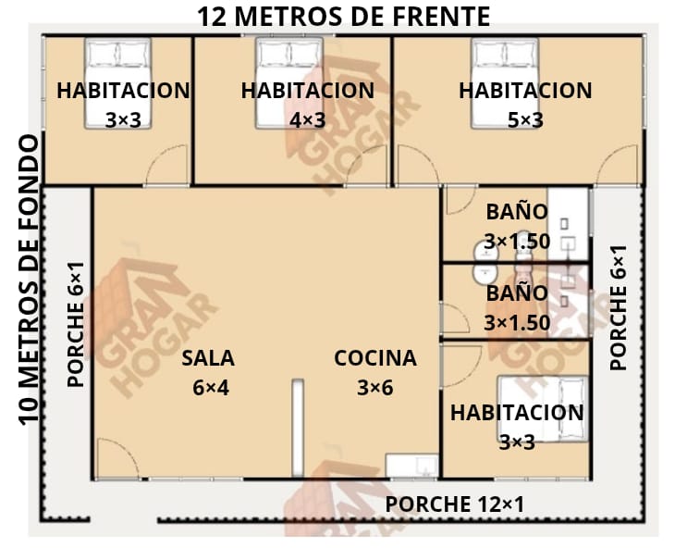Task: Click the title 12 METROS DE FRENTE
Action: [x=344, y=17]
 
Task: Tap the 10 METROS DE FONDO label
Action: [x=30, y=280]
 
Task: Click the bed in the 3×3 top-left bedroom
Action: [x=117, y=83]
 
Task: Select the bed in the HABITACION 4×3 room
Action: [x=289, y=83]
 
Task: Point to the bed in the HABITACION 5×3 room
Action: [x=505, y=83]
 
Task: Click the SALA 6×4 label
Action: [x=209, y=373]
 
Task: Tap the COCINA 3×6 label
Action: [x=375, y=373]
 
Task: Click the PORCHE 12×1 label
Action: [x=454, y=504]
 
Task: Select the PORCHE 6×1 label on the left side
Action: [x=76, y=324]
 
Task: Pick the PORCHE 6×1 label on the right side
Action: [x=619, y=307]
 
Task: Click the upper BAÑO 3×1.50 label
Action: [x=517, y=226]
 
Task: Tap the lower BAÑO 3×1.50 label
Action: [x=517, y=308]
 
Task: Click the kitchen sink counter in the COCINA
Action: [x=411, y=466]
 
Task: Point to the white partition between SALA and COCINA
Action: [x=298, y=428]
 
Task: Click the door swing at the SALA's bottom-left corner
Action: [x=117, y=458]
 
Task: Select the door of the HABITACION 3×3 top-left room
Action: [x=167, y=165]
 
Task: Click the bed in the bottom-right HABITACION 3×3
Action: [x=543, y=409]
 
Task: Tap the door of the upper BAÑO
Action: [x=461, y=200]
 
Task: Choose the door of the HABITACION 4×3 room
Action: [x=367, y=165]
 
